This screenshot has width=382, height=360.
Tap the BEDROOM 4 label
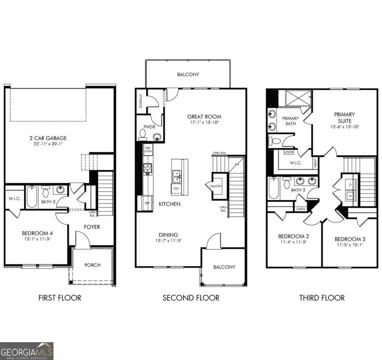[x=37, y=233]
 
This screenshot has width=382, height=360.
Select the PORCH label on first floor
[x=93, y=265]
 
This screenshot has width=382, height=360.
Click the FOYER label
[x=92, y=227]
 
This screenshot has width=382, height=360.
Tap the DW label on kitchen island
[x=176, y=189]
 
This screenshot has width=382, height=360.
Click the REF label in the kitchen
[x=148, y=203]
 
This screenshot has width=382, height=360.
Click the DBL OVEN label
[x=148, y=149]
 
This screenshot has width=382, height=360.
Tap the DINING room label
[x=169, y=234]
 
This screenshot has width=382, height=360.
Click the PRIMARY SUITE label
[x=344, y=117]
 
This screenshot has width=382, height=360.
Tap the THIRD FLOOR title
[x=322, y=298]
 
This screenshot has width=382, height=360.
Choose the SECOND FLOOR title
[x=191, y=298]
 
